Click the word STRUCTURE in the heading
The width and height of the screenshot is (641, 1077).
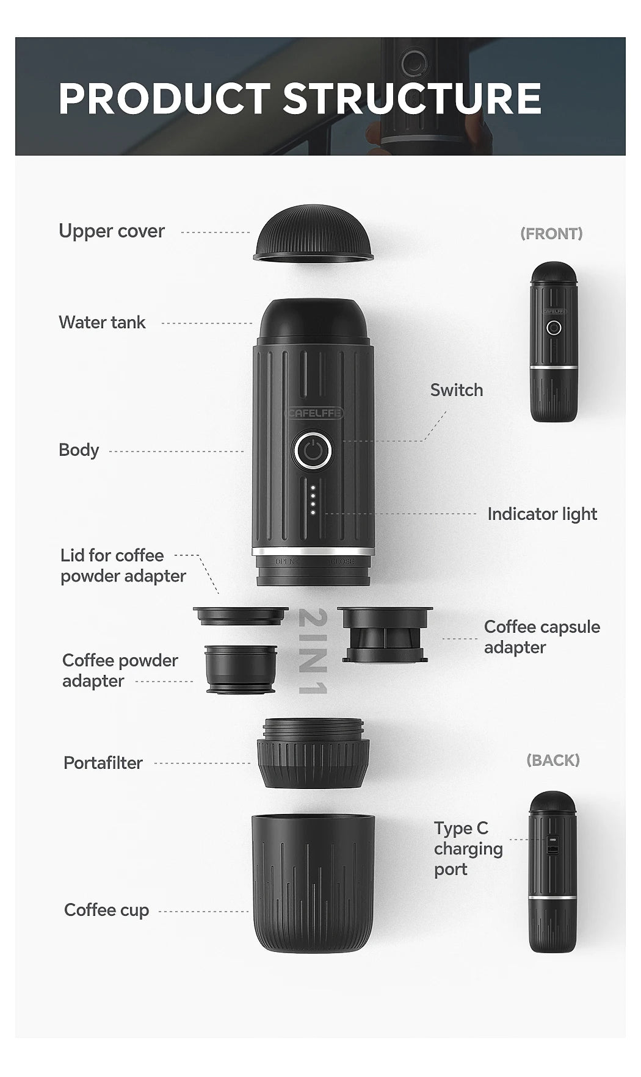click(x=412, y=99)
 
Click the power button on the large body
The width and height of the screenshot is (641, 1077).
click(x=313, y=452)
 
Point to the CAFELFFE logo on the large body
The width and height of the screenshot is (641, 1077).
click(x=314, y=413)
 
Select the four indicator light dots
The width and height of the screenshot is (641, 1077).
click(x=313, y=500)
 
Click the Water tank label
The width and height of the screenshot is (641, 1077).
click(x=102, y=322)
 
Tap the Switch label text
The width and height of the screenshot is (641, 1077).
click(x=456, y=390)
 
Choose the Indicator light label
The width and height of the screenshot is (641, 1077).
click(x=541, y=514)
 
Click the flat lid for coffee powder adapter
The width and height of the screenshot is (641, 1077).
click(x=241, y=615)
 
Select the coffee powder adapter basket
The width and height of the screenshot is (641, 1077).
click(x=241, y=669)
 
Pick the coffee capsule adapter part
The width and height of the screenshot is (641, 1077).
click(x=385, y=635)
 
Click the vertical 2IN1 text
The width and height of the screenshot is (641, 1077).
click(x=313, y=651)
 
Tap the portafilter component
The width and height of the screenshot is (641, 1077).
click(x=313, y=754)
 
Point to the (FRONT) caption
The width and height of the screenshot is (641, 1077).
click(x=551, y=234)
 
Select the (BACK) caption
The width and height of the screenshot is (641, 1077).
click(x=552, y=760)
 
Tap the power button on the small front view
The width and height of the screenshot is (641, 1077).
click(x=554, y=328)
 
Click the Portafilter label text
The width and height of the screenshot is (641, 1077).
click(x=103, y=763)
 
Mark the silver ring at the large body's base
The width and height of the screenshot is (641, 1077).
click(x=313, y=551)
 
